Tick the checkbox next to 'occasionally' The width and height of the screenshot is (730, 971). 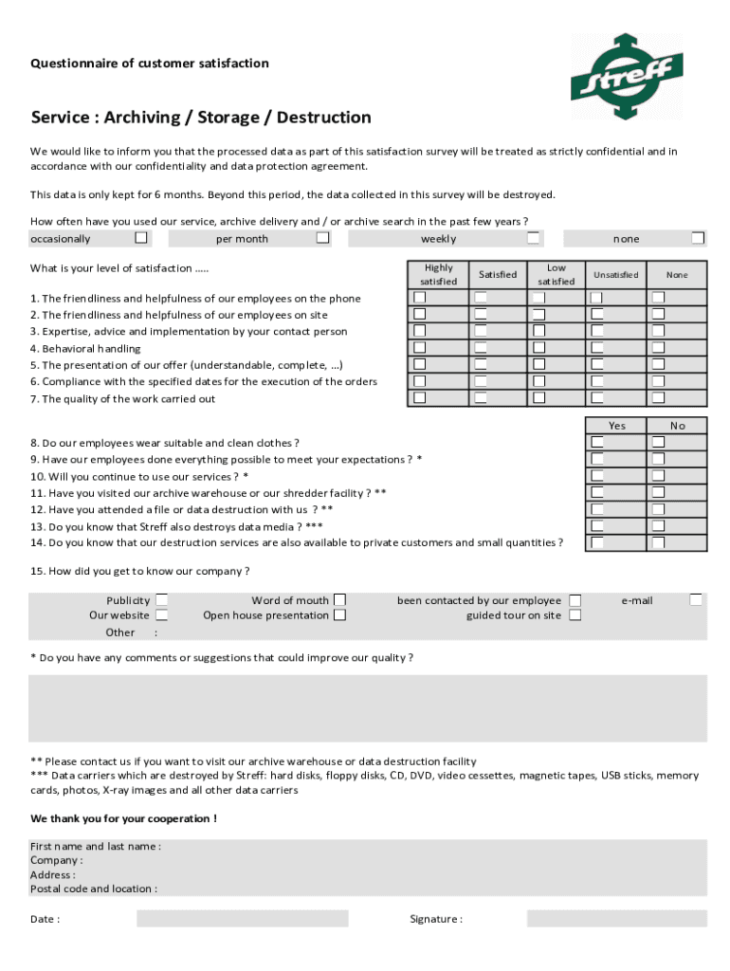[141, 238]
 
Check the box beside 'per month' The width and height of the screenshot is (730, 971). [323, 238]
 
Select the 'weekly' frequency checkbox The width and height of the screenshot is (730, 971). [535, 238]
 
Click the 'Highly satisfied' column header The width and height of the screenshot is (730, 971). [439, 275]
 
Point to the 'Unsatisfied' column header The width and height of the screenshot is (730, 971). [616, 275]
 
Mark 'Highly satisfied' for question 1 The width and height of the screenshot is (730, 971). [420, 298]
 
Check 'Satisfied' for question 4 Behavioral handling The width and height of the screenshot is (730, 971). [481, 348]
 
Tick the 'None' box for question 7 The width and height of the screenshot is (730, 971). [658, 398]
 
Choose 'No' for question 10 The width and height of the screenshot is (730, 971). [658, 476]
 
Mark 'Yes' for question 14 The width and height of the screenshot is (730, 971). [598, 542]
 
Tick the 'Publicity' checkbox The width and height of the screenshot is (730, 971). [162, 599]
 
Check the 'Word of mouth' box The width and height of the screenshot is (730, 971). [339, 599]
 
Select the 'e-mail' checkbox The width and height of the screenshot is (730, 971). [696, 599]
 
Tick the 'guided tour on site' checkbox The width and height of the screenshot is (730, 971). [575, 614]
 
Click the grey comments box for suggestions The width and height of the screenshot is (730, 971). [367, 707]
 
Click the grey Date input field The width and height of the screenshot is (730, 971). [242, 918]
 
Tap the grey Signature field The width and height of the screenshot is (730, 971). [616, 918]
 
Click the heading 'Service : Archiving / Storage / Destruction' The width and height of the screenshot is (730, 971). [201, 118]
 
